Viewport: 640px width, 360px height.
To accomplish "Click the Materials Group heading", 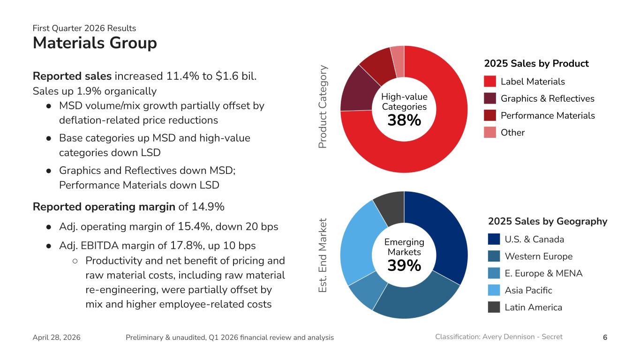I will pos(95,43).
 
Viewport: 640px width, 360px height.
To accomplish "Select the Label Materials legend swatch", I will pos(490,82).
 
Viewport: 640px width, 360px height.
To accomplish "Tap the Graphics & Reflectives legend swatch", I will pos(490,98).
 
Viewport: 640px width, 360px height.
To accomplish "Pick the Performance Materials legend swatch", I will pos(490,115).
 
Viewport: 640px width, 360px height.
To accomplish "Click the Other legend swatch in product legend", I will pos(490,133).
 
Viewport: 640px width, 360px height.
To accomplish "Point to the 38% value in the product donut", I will pos(404,120).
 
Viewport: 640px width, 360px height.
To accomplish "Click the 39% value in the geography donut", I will pos(404,266).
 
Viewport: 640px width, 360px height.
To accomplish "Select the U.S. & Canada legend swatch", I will pos(494,240).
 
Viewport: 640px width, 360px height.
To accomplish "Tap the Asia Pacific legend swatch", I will pos(494,290).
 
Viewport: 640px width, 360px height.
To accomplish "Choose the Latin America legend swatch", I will pos(494,307).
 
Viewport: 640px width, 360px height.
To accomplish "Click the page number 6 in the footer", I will pos(605,337).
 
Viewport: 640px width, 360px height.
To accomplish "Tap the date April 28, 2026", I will pos(56,337).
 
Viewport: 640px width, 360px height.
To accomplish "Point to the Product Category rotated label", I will pos(323,107).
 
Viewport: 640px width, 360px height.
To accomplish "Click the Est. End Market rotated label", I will pos(323,255).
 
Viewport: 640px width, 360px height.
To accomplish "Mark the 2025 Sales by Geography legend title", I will pos(548,221).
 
